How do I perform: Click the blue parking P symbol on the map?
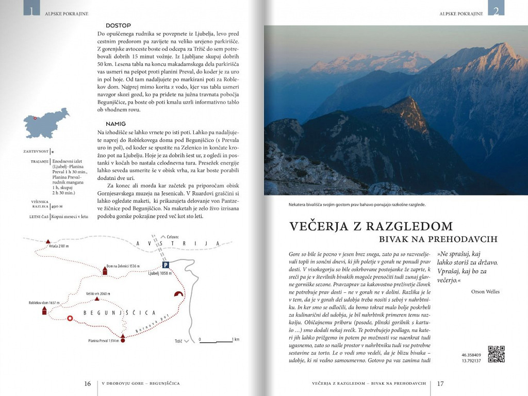coord(166,265)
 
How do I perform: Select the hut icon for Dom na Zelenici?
coord(105,271)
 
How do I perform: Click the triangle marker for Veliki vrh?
coord(96,299)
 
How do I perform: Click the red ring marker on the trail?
coord(71,318)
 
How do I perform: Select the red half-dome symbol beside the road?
coord(179,294)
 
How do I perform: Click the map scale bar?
coord(216,340)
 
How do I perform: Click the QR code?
coord(496,354)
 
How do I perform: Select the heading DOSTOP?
coord(118,25)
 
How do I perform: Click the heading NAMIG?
coord(115,124)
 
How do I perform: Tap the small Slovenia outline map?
coord(46,122)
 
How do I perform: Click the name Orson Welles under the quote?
coord(485,291)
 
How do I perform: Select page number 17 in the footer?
coord(440,384)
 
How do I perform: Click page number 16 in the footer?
coord(88,384)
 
